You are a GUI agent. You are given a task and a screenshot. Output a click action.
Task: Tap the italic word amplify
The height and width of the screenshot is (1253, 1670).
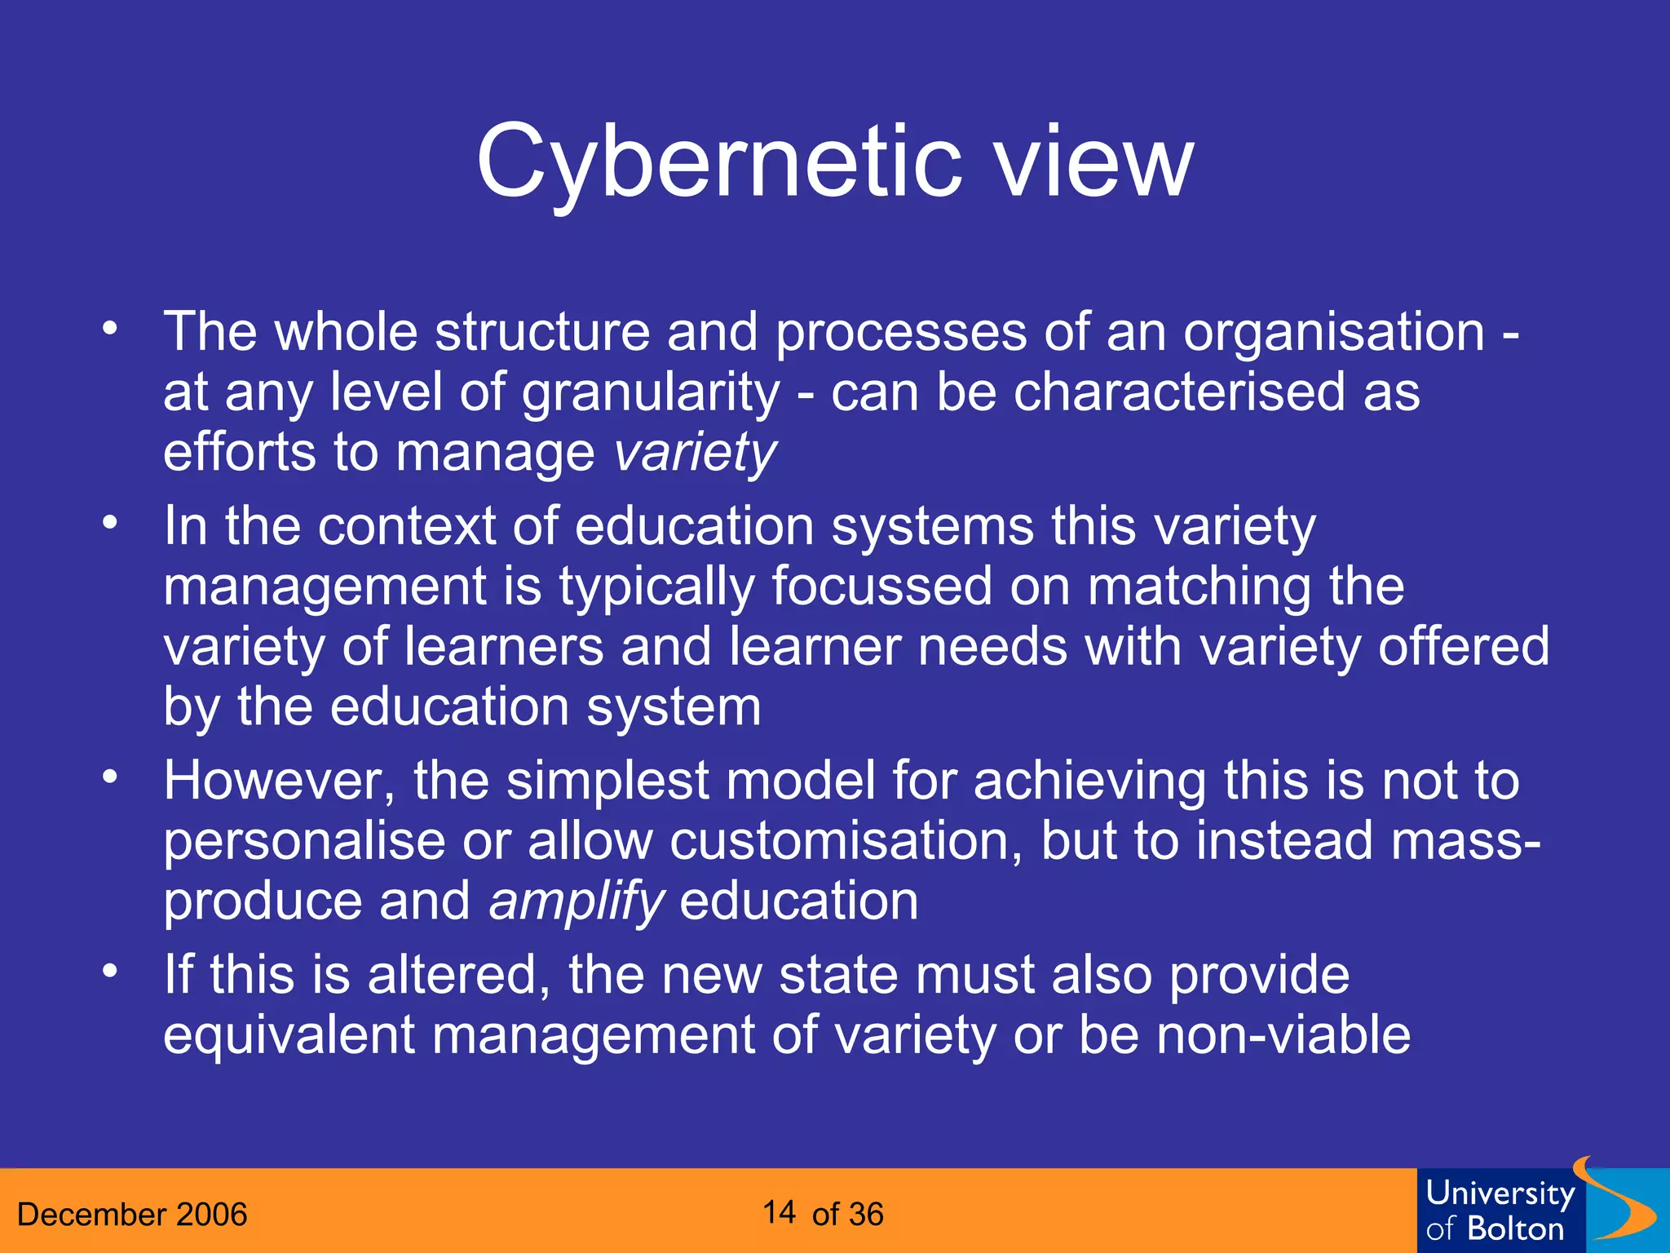point(577,901)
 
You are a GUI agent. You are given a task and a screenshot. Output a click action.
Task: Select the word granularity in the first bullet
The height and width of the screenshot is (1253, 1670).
point(651,393)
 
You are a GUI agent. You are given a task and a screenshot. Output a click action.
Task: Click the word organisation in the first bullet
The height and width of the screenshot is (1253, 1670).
point(1333,333)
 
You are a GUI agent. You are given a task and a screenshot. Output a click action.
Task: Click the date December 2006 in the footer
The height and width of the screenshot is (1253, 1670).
point(132,1215)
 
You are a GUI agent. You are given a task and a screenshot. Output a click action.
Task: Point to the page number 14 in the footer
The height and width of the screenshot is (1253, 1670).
point(780,1213)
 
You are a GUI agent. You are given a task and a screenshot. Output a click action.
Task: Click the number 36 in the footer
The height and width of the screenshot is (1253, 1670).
point(865,1215)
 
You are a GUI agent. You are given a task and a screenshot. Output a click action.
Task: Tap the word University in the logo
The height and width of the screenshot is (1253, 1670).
point(1500,1194)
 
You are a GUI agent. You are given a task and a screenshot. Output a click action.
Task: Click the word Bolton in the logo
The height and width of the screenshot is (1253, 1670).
point(1515,1229)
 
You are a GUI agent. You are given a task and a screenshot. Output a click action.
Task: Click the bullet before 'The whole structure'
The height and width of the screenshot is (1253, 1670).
point(110,330)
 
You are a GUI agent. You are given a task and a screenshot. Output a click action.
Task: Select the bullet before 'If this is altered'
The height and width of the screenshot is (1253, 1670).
point(110,972)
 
